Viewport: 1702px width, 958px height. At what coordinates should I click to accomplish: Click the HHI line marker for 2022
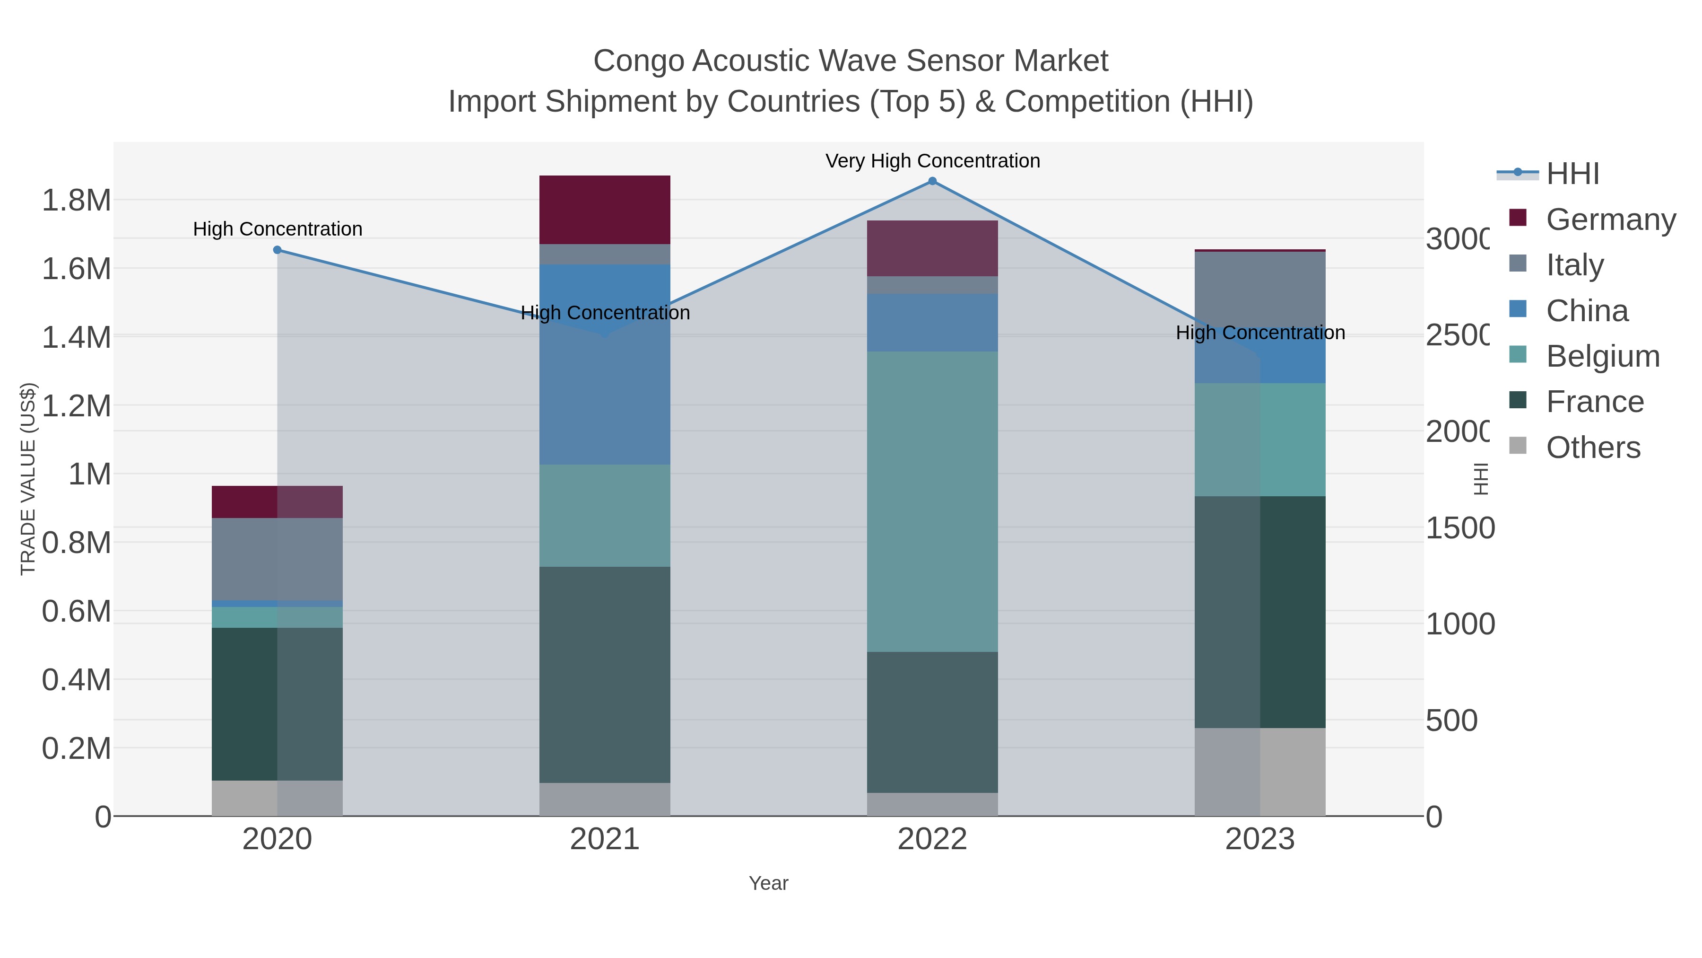coord(932,181)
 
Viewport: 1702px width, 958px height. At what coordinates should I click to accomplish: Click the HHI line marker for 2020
coord(278,250)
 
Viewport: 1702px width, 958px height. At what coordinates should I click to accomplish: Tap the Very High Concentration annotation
coord(932,161)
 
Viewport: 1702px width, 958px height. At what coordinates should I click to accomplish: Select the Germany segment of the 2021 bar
coord(605,210)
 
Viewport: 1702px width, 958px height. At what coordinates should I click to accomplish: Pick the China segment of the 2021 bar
coord(605,364)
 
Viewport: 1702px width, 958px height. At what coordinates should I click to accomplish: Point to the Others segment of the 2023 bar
coord(1260,772)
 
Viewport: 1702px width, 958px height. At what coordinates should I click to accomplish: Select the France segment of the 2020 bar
coord(277,703)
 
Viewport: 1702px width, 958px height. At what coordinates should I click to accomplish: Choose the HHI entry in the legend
coord(1572,174)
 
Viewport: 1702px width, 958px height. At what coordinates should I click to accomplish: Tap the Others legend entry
coord(1593,448)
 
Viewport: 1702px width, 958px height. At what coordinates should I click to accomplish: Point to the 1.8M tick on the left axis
coord(77,200)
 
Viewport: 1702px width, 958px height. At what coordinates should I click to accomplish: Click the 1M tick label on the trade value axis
coord(90,474)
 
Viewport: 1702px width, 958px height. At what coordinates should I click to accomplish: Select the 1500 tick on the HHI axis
coord(1459,528)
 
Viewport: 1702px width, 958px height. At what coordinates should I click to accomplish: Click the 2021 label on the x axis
coord(605,840)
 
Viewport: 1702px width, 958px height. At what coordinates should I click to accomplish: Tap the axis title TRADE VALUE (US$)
coord(28,479)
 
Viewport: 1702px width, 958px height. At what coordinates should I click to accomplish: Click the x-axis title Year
coord(768,883)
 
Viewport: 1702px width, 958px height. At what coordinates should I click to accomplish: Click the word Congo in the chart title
coord(638,62)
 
